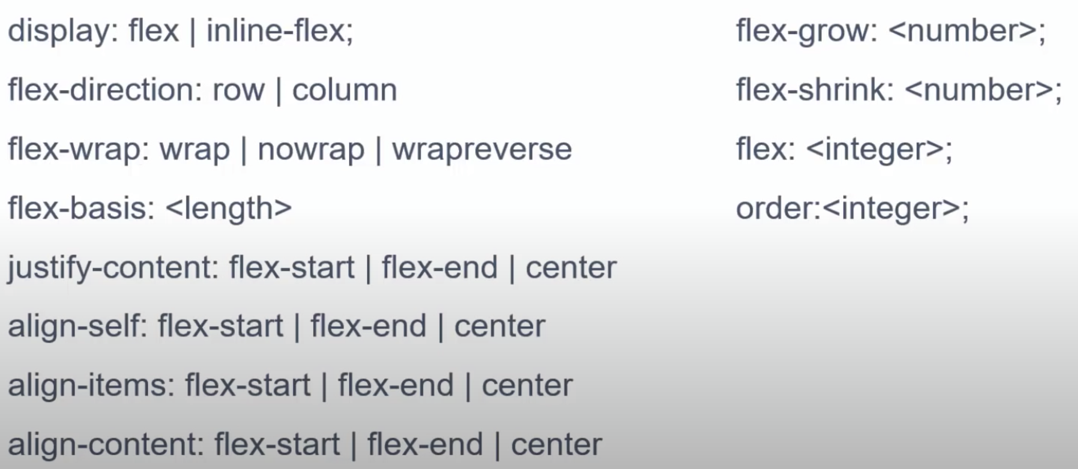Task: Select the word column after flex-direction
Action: point(344,90)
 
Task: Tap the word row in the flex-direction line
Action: point(238,90)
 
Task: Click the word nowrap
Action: point(311,149)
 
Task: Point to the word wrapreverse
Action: point(481,149)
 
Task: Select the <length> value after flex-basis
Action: point(229,208)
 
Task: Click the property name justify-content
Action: point(112,267)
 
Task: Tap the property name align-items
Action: point(91,386)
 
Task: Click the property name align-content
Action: point(105,445)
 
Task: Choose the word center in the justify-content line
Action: point(571,267)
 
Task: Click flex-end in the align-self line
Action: point(368,326)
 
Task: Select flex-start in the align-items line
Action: point(248,386)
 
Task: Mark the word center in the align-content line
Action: point(556,445)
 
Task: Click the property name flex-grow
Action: point(805,31)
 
